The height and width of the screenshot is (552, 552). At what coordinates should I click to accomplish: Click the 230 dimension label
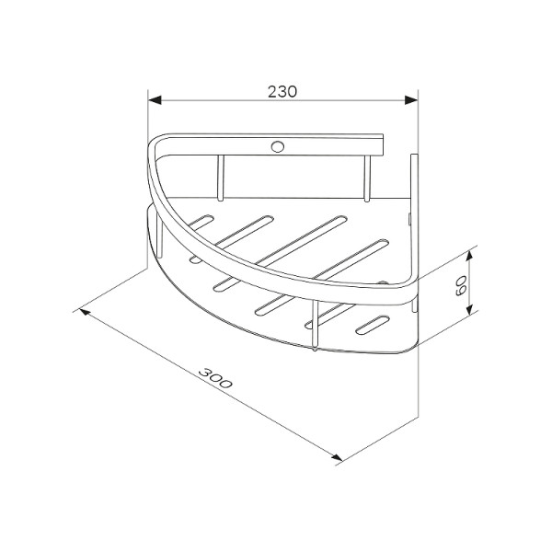click(x=282, y=92)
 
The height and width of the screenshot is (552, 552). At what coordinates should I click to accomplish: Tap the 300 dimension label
click(x=215, y=378)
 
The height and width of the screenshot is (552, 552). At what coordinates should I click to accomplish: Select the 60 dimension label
click(x=461, y=285)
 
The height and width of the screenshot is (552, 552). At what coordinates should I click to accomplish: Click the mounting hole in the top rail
click(x=278, y=146)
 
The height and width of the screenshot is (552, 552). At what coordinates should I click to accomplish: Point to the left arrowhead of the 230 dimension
click(x=155, y=100)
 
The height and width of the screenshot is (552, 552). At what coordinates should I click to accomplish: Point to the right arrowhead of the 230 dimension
click(x=411, y=100)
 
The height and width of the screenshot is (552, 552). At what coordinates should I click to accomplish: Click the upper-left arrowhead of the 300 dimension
click(x=86, y=312)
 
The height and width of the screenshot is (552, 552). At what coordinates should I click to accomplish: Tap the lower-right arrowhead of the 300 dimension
click(x=337, y=457)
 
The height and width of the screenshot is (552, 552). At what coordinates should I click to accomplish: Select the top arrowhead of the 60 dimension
click(x=468, y=258)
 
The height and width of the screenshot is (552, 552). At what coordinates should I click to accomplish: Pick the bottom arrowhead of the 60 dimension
click(x=468, y=309)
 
